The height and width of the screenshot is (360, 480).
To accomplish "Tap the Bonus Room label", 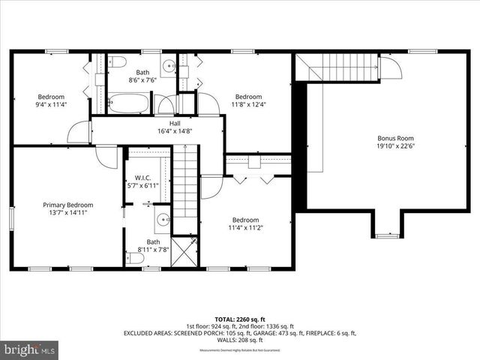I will coord(395,138).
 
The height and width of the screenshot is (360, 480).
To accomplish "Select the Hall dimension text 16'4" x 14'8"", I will coord(175,130).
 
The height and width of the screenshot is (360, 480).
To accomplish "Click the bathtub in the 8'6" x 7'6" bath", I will coord(130,103).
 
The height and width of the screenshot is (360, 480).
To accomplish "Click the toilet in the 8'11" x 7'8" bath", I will coord(136,258).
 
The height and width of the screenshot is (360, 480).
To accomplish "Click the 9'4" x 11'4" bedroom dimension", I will coord(52,105).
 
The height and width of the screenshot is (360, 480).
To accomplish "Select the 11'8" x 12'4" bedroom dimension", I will coord(248,105).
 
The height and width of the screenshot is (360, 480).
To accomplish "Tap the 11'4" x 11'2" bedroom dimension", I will coord(245,227).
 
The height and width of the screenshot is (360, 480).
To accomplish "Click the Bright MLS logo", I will coord(30,349).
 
